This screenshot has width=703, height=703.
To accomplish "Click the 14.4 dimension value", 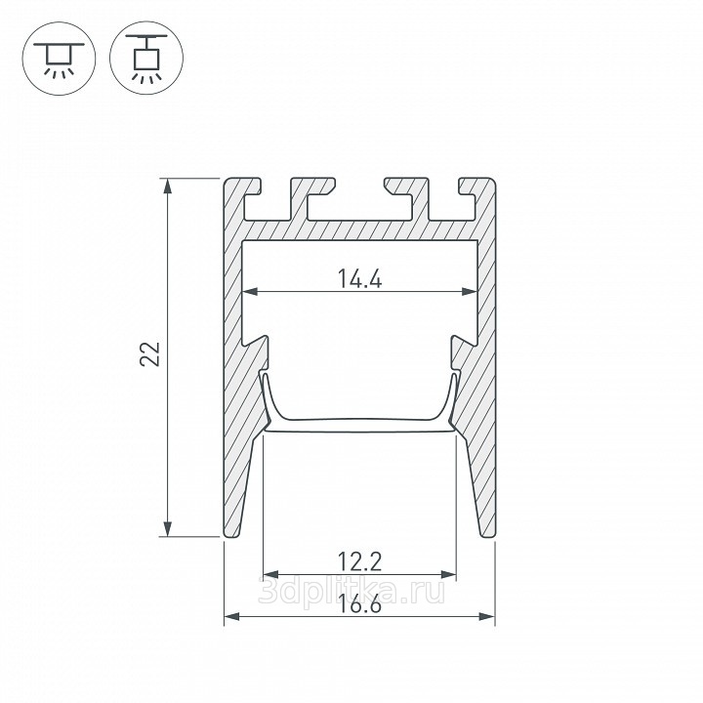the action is [359, 279].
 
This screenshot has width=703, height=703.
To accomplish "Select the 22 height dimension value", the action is [150, 354].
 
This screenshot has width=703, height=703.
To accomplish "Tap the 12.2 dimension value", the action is [359, 561].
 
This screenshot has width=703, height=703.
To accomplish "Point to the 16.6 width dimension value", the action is [359, 604].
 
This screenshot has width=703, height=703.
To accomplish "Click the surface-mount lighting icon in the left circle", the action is [59, 59].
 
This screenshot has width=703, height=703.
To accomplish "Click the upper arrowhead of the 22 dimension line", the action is [168, 186].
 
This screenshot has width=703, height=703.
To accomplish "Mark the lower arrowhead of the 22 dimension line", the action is [168, 528].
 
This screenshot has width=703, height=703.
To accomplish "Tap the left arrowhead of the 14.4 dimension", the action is [250, 292].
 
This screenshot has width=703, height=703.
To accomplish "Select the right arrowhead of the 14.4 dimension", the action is [470, 292].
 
